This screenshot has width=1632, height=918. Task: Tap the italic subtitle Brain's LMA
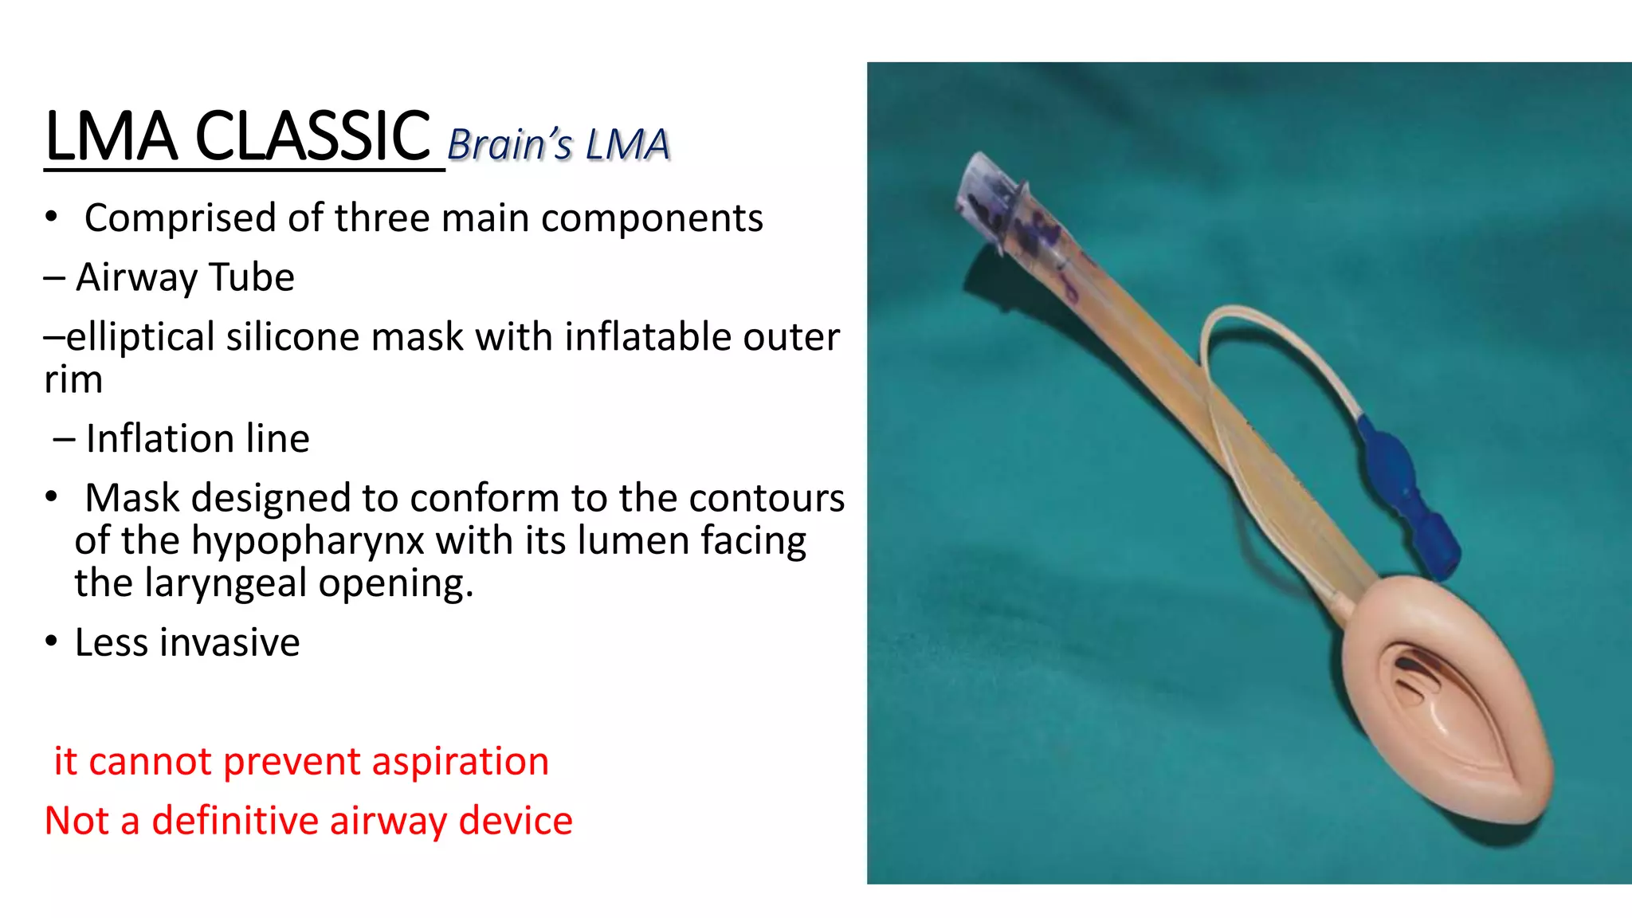click(558, 145)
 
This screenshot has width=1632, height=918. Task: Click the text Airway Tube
click(185, 277)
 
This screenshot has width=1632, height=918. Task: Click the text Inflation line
click(197, 438)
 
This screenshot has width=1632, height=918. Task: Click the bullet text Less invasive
click(187, 642)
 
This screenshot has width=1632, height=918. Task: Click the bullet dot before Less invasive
click(52, 642)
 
